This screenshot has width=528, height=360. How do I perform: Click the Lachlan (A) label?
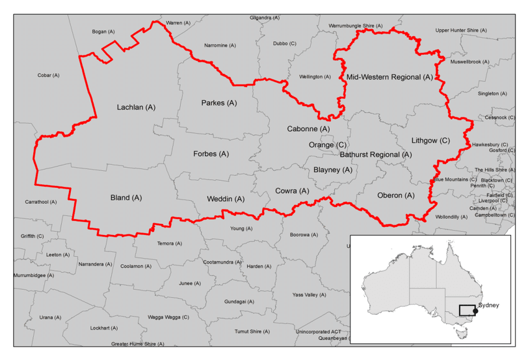[136, 108]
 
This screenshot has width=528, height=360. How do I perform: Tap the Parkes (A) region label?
[219, 103]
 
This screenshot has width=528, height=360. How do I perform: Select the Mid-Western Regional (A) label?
[389, 78]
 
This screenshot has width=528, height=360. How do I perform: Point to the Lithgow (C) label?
[430, 141]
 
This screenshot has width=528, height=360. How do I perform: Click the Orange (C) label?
[327, 145]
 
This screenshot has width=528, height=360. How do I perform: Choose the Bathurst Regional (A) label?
[375, 154]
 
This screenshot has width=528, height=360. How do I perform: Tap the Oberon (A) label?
[396, 195]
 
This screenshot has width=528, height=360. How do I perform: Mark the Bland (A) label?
[126, 198]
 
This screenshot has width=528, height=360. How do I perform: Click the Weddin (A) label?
[224, 199]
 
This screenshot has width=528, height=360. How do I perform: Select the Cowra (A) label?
[292, 191]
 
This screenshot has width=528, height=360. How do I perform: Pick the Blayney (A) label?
[332, 170]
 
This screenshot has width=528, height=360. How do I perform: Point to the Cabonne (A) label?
[308, 129]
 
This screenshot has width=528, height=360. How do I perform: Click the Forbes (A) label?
[211, 154]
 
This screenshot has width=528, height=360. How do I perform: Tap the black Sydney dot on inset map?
[476, 311]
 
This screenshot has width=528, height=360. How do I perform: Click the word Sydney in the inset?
[488, 305]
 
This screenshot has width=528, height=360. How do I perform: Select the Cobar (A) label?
[48, 75]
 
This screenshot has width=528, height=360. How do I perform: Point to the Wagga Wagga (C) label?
[168, 317]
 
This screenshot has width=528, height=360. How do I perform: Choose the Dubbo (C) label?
[284, 44]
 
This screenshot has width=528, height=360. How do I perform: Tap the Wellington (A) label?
[315, 76]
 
